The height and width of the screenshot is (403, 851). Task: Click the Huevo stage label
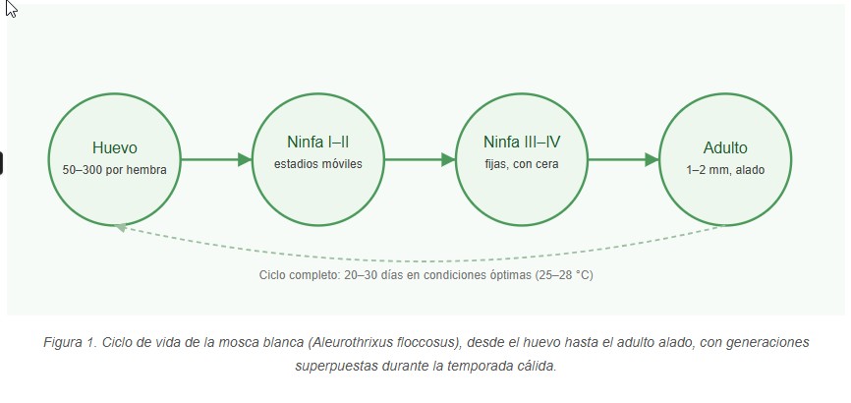115,147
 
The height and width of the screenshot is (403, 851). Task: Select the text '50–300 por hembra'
115,170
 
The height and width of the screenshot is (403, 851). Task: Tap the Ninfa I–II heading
318,143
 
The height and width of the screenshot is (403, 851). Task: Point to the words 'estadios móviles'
318,164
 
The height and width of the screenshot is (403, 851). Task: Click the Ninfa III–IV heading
522,143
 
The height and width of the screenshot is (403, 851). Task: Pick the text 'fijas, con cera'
522,164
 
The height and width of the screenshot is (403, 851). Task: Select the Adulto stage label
725,147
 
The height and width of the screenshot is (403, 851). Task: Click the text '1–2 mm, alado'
725,170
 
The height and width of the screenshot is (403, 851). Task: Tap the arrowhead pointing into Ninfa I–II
246,159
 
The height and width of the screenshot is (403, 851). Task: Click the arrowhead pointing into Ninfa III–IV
449,159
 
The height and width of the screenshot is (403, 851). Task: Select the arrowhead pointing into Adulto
652,159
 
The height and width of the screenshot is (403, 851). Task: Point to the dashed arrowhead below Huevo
121,228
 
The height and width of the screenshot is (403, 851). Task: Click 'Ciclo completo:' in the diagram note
299,275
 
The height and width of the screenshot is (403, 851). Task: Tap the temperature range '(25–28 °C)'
564,275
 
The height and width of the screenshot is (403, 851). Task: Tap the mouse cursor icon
11,9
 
